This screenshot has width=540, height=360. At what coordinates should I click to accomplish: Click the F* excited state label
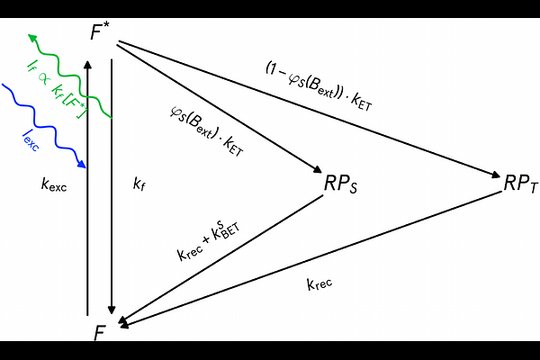100,31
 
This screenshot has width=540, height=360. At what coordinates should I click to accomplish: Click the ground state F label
100,333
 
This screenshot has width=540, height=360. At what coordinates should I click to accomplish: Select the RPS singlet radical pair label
340,184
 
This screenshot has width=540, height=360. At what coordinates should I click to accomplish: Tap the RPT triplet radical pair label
520,184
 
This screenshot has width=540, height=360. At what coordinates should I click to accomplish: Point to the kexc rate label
54,184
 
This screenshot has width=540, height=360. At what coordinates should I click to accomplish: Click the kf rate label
139,184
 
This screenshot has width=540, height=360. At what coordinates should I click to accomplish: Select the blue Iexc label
31,140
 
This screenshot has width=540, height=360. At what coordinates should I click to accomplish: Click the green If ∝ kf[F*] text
58,89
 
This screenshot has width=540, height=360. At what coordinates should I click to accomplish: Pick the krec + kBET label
209,240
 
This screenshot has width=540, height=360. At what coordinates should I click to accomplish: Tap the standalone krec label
319,284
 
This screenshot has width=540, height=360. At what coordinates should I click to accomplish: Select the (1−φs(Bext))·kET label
319,86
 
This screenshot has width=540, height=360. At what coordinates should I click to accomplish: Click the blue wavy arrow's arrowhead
82,164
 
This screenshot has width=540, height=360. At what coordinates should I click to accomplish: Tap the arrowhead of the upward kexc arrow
87,65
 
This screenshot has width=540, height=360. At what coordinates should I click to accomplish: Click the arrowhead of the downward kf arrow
112,310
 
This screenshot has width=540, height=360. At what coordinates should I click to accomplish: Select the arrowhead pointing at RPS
317,169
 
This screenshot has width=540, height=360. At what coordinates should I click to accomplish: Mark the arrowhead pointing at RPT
495,175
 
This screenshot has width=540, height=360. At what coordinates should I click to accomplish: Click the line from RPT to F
310,258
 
